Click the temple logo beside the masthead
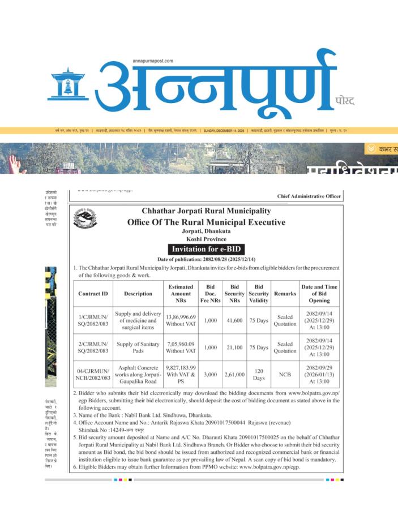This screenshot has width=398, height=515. [68, 85]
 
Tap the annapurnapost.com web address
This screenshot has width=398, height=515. [153, 61]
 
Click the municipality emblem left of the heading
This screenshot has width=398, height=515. [85, 218]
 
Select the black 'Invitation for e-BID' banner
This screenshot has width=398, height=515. [206, 250]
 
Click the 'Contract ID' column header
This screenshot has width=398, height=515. [93, 294]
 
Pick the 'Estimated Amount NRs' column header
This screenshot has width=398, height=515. [181, 294]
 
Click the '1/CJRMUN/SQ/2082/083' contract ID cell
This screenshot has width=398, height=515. [93, 320]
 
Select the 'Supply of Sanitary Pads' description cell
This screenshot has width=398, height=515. [138, 347]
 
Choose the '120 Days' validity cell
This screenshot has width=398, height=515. [259, 374]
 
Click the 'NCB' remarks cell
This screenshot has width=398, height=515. [285, 374]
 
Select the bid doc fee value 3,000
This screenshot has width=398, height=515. [211, 374]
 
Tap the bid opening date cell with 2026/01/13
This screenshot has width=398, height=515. [319, 374]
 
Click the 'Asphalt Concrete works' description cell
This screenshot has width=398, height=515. [138, 374]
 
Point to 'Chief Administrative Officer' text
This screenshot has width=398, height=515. [309, 196]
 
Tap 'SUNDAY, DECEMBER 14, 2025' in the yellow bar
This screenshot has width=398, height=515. [224, 130]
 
